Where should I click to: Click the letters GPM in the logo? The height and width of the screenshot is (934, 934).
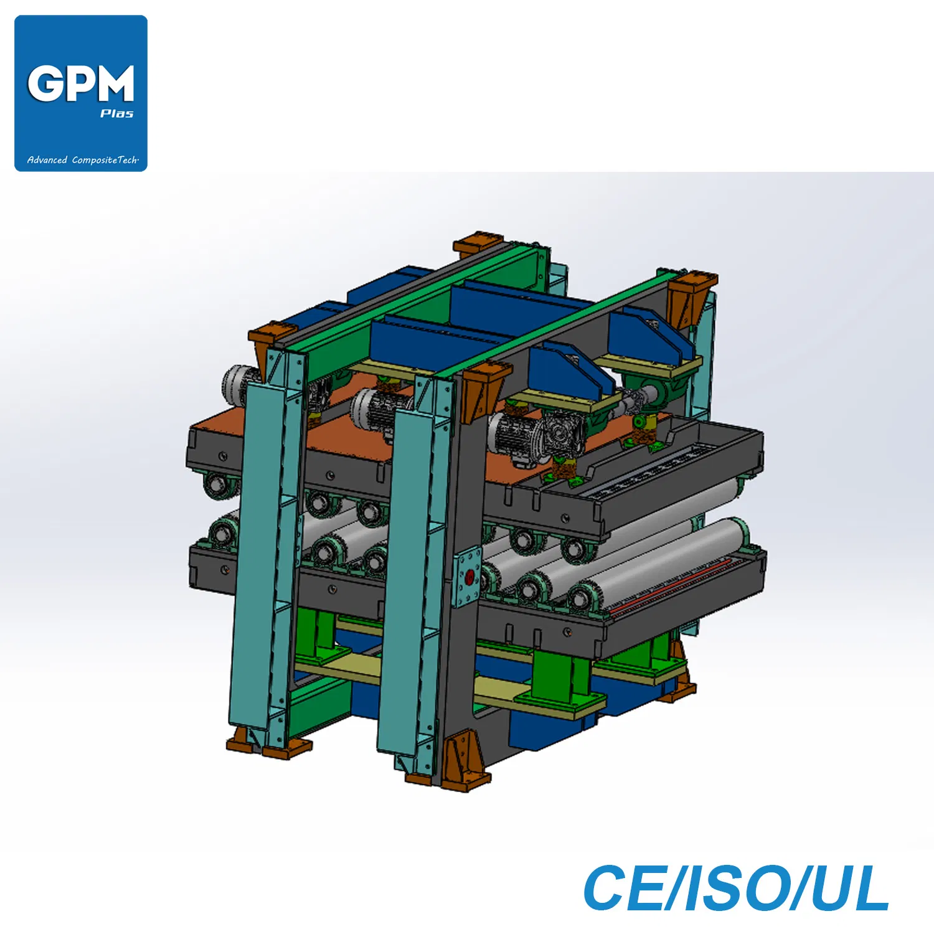point(81,83)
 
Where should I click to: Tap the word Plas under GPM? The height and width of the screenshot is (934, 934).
point(117,113)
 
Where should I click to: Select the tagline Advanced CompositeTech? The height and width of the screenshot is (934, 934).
point(83,160)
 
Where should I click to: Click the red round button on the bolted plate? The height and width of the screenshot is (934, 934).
point(469,578)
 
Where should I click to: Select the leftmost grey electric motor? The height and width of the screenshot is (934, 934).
point(240,384)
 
